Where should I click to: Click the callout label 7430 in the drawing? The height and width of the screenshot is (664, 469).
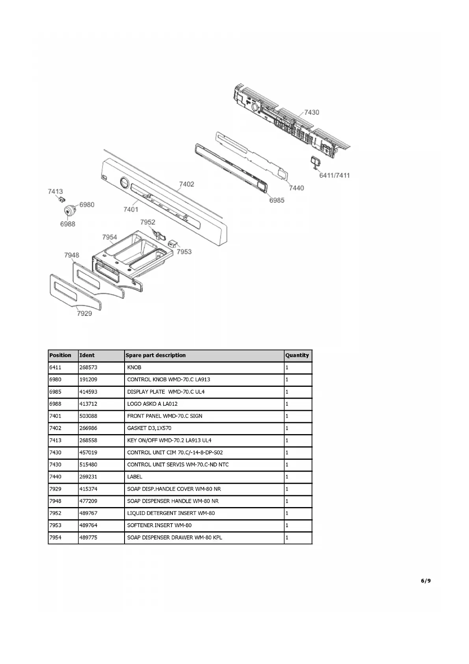point(311,112)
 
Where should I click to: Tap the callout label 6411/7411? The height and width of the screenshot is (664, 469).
point(334,175)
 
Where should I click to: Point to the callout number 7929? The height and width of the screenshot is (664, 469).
point(84,313)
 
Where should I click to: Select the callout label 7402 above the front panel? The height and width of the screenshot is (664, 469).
point(186,184)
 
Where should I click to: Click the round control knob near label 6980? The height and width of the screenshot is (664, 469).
point(70,210)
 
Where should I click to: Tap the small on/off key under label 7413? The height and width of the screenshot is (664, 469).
point(61,199)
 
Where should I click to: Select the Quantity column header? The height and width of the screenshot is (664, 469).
point(297,355)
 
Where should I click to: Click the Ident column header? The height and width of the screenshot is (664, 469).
point(87,355)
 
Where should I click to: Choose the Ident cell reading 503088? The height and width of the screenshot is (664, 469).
point(88,416)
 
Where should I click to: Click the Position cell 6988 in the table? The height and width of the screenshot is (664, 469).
point(55,404)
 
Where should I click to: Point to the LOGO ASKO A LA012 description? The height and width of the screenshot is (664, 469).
point(152,404)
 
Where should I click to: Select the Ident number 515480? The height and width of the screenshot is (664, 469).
point(88,464)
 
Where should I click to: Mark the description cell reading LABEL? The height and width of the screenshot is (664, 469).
point(134,477)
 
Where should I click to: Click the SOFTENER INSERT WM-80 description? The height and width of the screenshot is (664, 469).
point(159,525)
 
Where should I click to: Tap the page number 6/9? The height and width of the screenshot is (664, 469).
point(426,580)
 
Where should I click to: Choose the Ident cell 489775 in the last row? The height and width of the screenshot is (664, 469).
point(88,537)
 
